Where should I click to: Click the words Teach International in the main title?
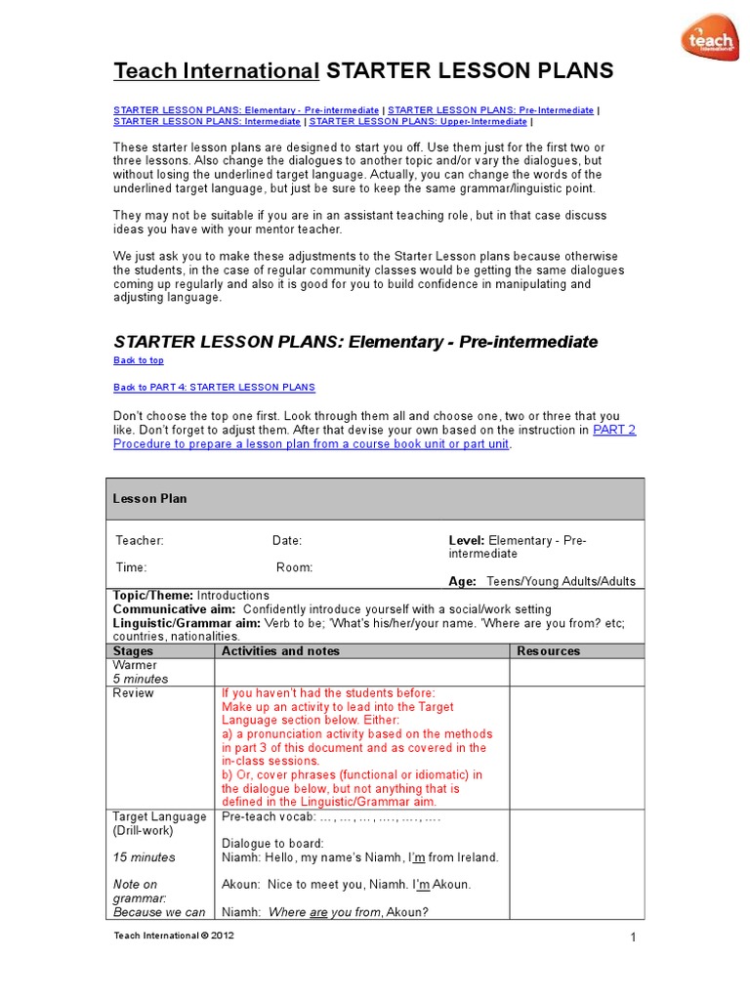[217, 70]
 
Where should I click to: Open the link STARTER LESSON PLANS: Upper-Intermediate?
[418, 122]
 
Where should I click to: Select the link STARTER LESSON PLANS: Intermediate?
[207, 122]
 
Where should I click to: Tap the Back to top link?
[139, 360]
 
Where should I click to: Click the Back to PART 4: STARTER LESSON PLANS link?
[214, 388]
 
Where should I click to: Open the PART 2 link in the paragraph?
[614, 430]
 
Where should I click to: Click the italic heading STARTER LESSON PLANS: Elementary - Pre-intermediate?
[355, 342]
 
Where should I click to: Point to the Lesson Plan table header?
[149, 499]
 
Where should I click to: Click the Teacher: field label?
[140, 540]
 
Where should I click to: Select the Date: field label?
[287, 540]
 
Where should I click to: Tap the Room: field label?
[294, 567]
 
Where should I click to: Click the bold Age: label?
[462, 581]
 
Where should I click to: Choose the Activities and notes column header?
[280, 651]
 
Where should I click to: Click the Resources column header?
[548, 651]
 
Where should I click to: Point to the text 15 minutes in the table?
[144, 857]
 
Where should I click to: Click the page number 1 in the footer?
[633, 938]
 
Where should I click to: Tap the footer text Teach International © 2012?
[174, 936]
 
